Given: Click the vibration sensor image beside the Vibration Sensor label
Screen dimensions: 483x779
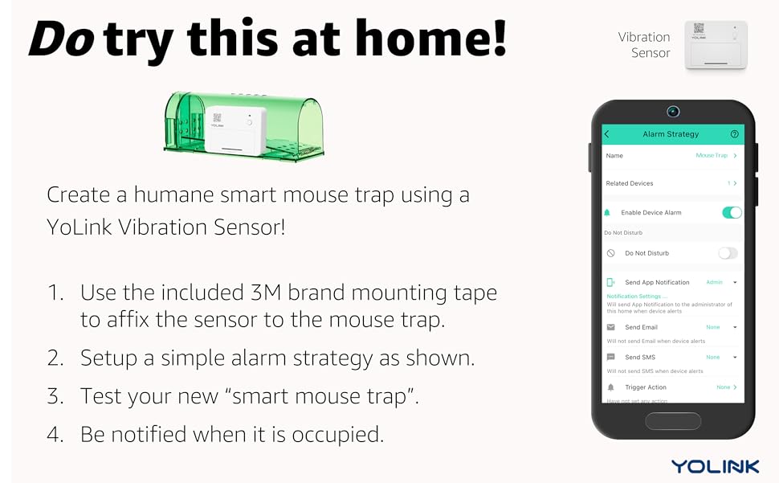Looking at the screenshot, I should pyautogui.click(x=716, y=45).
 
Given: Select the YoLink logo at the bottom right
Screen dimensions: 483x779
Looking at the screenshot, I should pyautogui.click(x=714, y=466).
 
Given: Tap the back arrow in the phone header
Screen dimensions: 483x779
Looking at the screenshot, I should pyautogui.click(x=607, y=134).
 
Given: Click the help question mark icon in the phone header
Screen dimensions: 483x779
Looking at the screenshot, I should pyautogui.click(x=734, y=134).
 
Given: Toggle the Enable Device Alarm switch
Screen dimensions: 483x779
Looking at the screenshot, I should pyautogui.click(x=732, y=212).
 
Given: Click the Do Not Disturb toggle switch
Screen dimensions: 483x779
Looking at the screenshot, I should pyautogui.click(x=728, y=253).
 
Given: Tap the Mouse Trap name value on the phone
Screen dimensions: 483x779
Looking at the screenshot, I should pyautogui.click(x=712, y=155).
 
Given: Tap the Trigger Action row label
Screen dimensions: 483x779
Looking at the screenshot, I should pyautogui.click(x=646, y=387).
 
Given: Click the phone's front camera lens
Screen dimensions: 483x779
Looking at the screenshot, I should pyautogui.click(x=673, y=111).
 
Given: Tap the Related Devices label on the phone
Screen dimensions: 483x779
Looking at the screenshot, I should pyautogui.click(x=630, y=183).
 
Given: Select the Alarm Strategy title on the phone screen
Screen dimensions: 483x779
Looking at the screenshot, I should pyautogui.click(x=671, y=134).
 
